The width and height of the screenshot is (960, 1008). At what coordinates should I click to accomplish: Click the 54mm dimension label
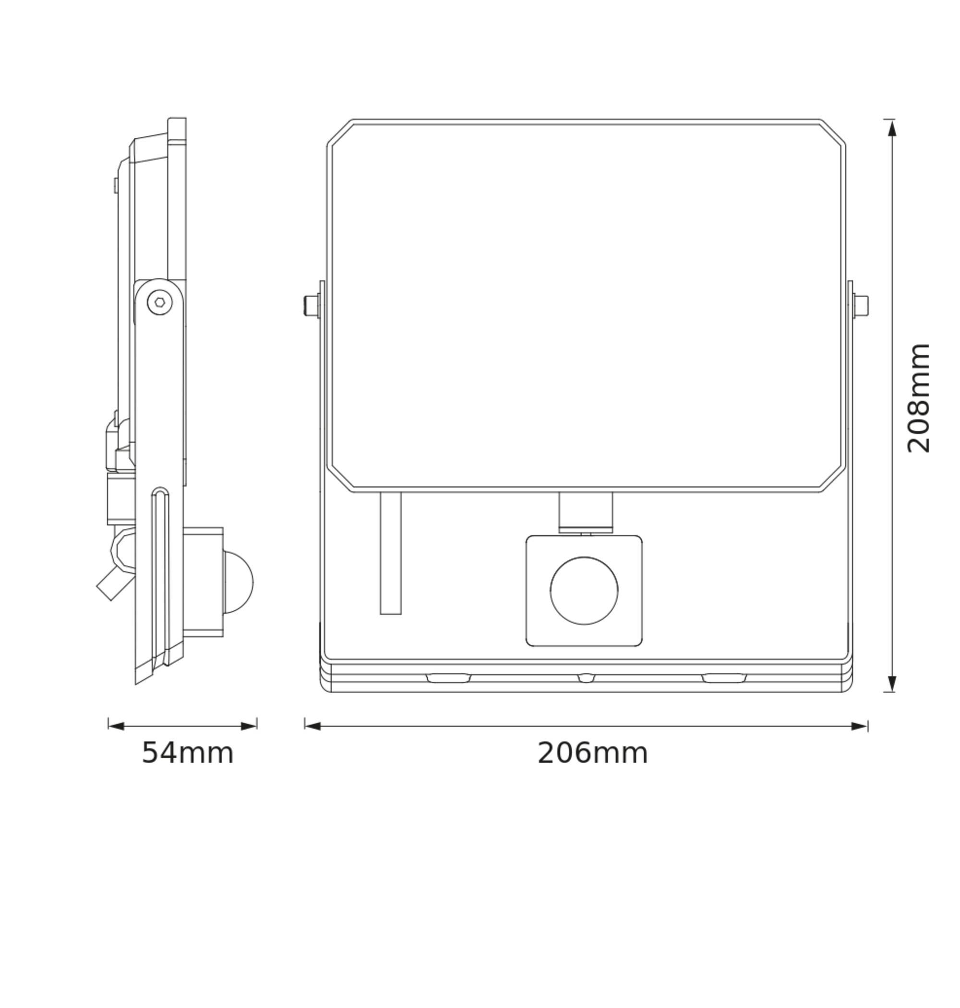(x=187, y=753)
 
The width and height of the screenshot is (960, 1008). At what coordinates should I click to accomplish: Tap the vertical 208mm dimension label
(x=918, y=398)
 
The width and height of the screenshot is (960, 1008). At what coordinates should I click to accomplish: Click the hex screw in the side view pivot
(x=159, y=303)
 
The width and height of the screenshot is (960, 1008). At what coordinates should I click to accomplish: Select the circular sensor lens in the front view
(x=584, y=590)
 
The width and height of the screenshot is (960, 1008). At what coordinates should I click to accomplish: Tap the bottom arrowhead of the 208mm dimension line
(x=892, y=683)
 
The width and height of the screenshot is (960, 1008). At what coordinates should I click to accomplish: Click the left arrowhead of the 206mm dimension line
(x=313, y=726)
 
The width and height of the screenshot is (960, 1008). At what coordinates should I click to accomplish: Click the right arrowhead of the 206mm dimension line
(x=859, y=726)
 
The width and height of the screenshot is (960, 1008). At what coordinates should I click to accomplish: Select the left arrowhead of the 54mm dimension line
(x=116, y=726)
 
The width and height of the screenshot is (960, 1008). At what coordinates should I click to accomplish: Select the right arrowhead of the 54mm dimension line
(x=249, y=726)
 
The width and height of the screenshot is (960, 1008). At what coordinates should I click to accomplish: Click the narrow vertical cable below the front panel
(x=390, y=553)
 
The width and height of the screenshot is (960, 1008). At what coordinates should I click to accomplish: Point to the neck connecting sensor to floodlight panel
(x=586, y=513)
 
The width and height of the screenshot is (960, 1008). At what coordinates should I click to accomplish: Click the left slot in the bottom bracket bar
(x=448, y=678)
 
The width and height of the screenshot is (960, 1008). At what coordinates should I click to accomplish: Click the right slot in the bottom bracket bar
(x=723, y=678)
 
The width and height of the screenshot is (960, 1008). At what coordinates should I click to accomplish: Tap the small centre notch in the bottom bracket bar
(x=587, y=678)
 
